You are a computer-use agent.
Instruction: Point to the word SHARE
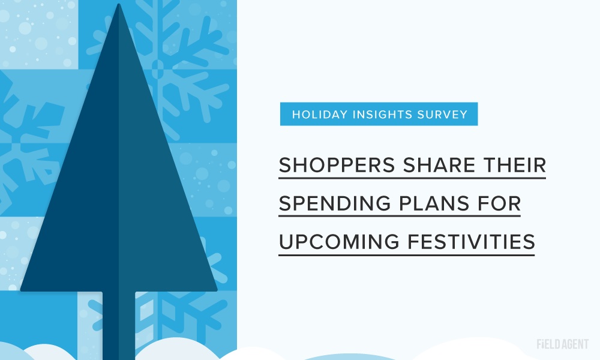pos(439,165)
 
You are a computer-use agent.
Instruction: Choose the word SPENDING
pos(335,203)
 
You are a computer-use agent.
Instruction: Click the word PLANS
pos(434,203)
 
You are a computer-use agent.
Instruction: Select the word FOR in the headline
pos(499,203)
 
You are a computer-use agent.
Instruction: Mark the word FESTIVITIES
pos(471,242)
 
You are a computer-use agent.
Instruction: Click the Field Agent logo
pos(563,344)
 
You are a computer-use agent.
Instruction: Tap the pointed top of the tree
pos(119,5)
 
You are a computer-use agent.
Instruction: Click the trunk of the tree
pos(119,325)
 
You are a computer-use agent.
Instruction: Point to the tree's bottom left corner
pos(22,290)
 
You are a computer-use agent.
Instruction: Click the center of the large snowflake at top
pos(158,69)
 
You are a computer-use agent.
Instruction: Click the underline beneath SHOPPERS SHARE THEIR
pos(412,178)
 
